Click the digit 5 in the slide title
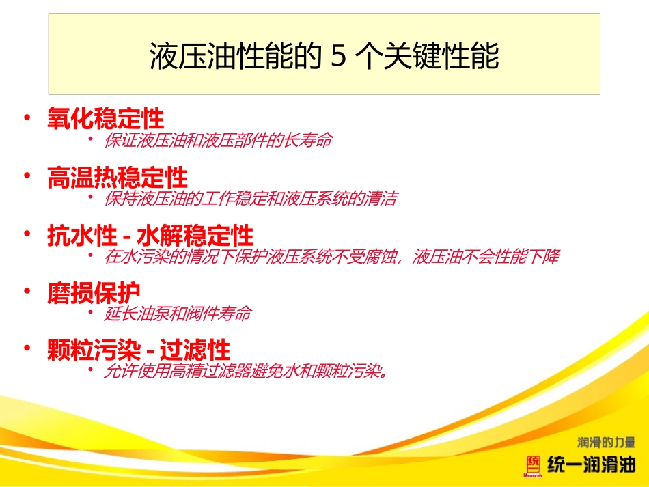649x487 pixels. click(x=338, y=57)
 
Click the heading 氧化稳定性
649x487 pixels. click(x=105, y=119)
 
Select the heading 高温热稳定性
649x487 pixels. click(x=117, y=178)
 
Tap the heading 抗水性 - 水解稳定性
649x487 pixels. click(x=150, y=236)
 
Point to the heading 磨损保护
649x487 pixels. click(x=94, y=293)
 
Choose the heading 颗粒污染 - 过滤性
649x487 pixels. click(x=138, y=351)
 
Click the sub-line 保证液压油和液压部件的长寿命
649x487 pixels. click(x=218, y=141)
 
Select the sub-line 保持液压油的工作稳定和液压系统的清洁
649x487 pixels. click(x=250, y=199)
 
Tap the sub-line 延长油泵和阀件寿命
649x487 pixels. click(x=178, y=314)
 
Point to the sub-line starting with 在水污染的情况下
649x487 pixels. click(x=331, y=258)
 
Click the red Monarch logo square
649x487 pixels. click(x=532, y=465)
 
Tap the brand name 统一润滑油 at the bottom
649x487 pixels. click(x=591, y=466)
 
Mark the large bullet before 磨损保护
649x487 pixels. click(x=27, y=292)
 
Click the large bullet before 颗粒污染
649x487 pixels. click(x=27, y=350)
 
